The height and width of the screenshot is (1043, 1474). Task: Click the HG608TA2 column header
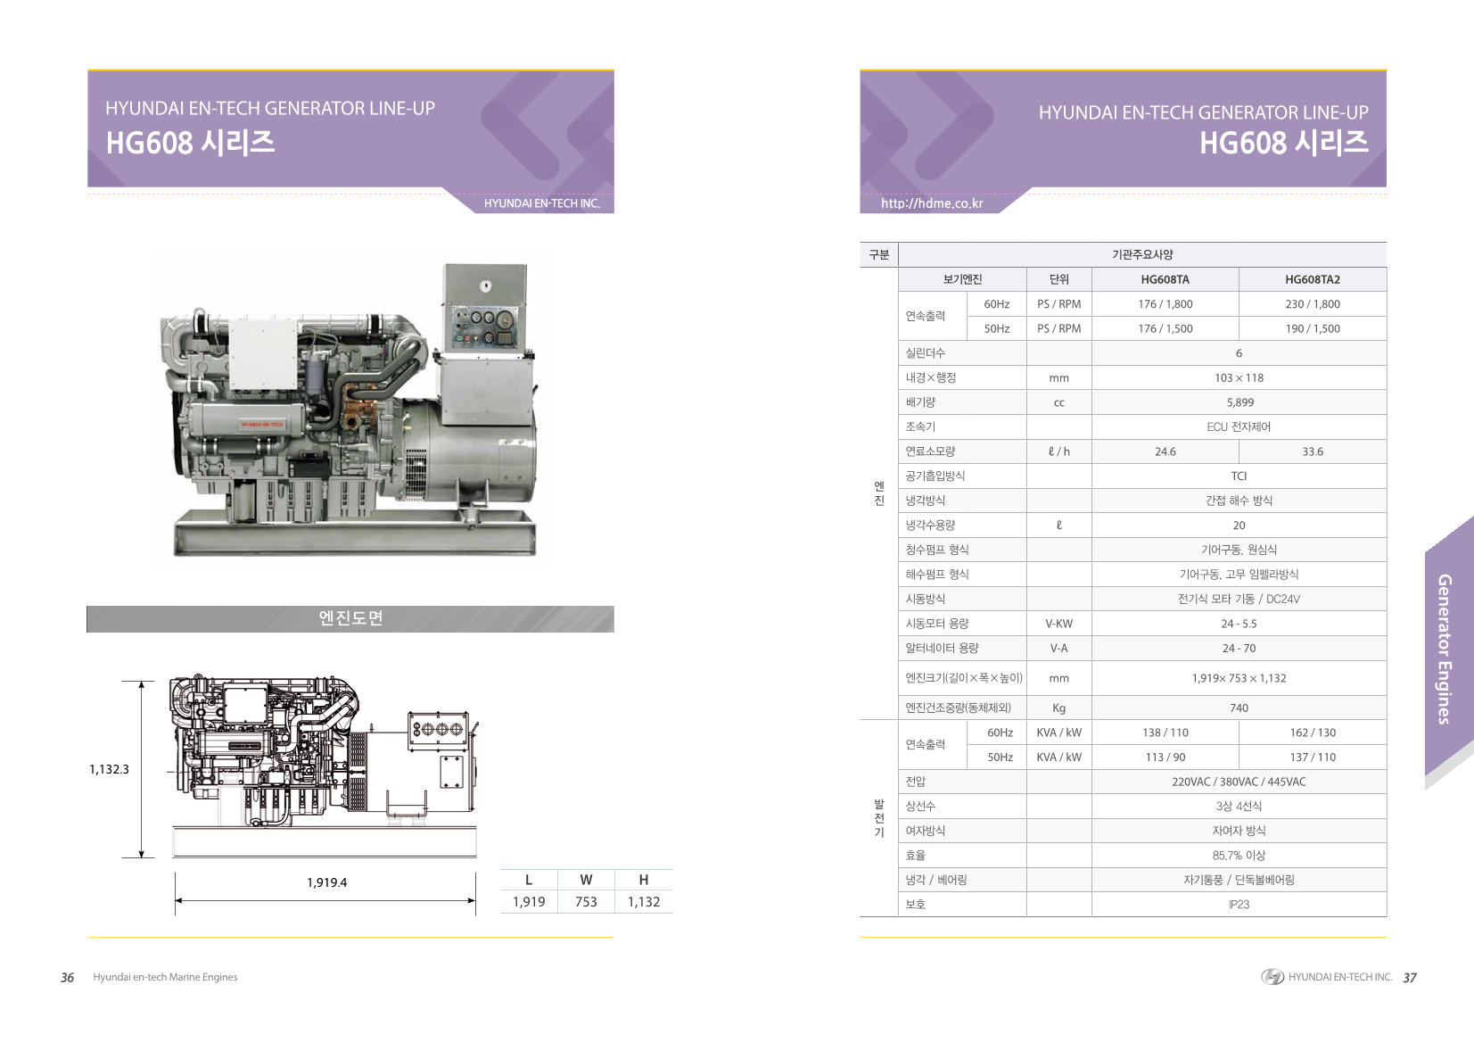click(1312, 279)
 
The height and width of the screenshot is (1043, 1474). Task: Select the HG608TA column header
click(1165, 279)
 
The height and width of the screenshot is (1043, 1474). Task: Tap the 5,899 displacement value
click(1239, 402)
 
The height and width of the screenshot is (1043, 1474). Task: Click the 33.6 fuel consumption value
click(1312, 451)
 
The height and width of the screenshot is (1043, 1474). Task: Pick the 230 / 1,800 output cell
click(1312, 304)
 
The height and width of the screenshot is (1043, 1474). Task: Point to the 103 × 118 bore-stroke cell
click(1239, 378)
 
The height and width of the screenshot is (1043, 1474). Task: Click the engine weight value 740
click(1239, 708)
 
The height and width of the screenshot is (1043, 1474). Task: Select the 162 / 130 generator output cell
click(1313, 733)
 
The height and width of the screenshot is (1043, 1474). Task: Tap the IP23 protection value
click(1239, 904)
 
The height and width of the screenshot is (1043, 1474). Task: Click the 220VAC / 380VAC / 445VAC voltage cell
click(1239, 782)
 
